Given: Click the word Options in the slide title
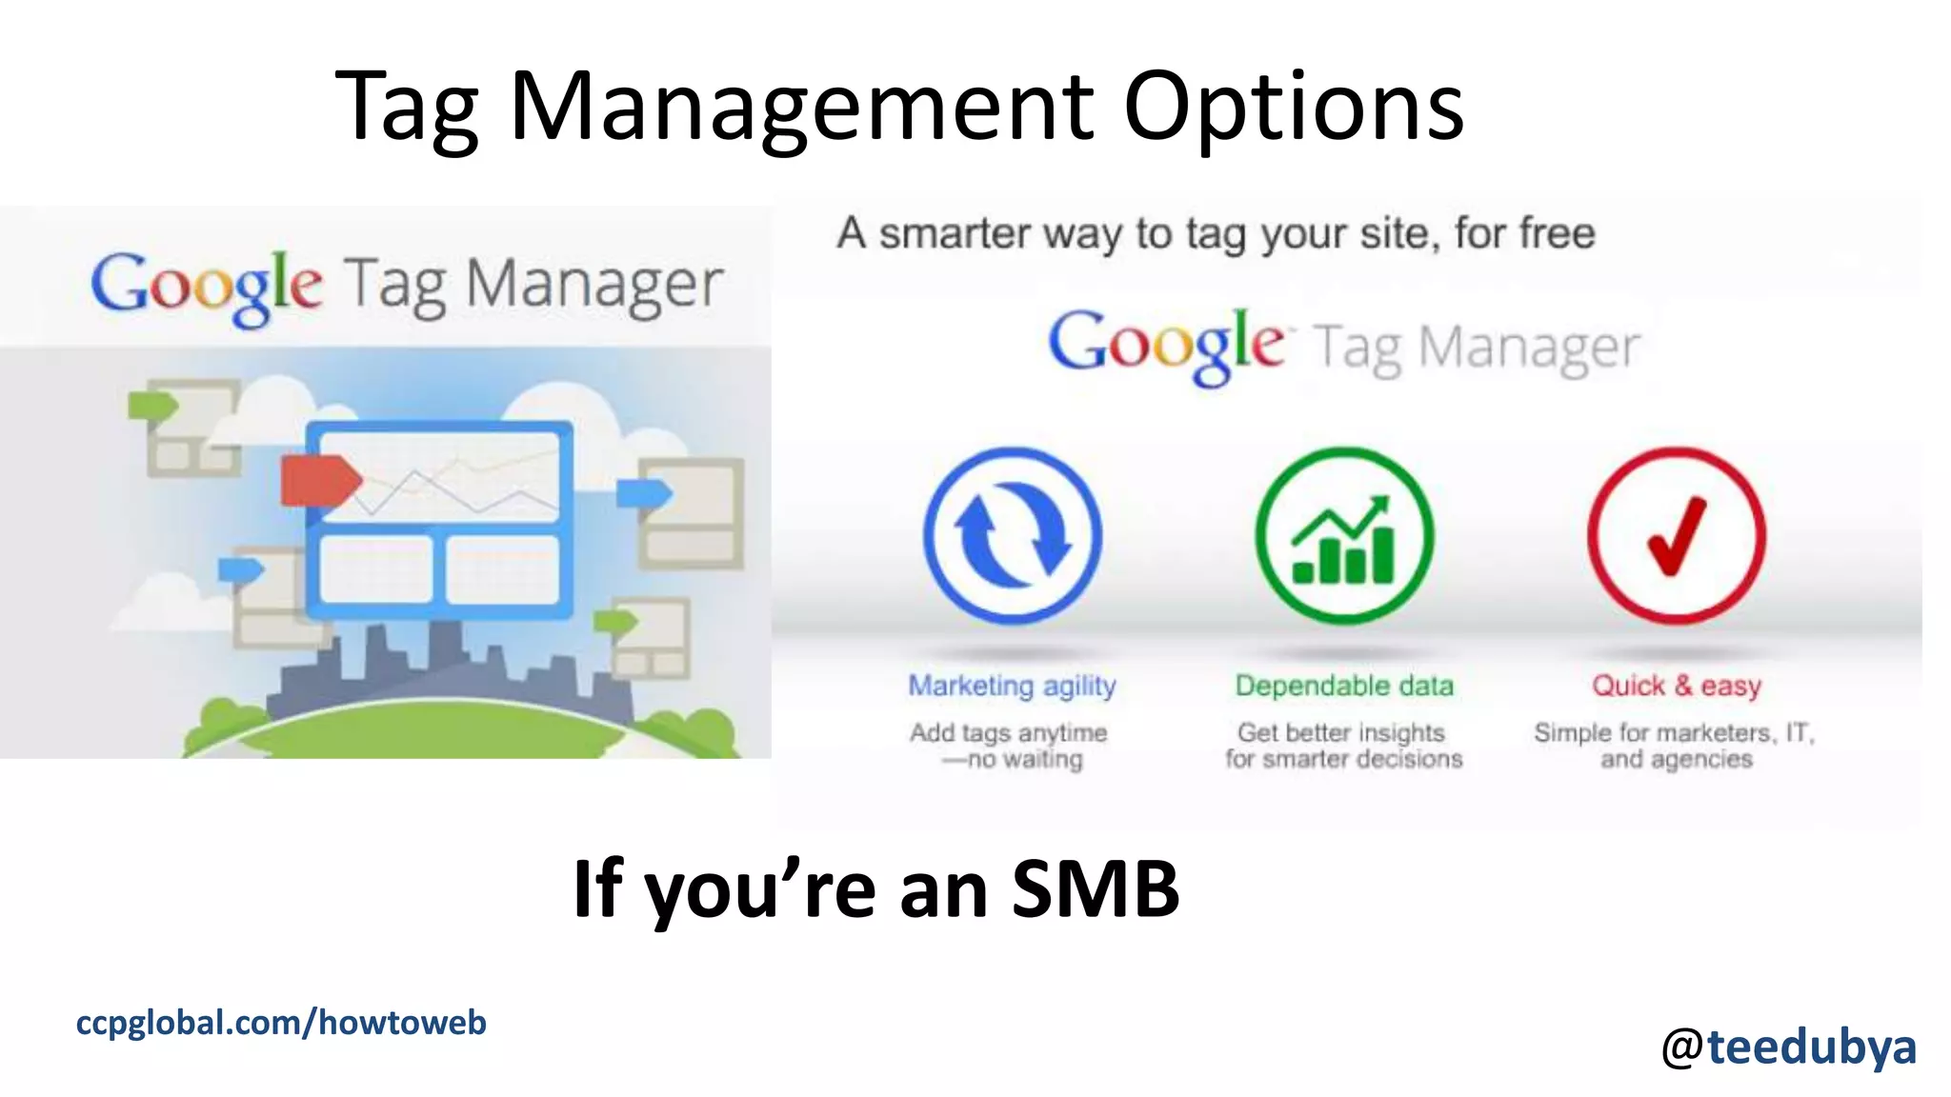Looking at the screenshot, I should pyautogui.click(x=1293, y=108).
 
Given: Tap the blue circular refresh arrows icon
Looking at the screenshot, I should pyautogui.click(x=1013, y=536).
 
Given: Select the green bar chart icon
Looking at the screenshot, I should pyautogui.click(x=1344, y=536).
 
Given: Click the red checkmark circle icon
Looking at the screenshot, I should pyautogui.click(x=1676, y=536).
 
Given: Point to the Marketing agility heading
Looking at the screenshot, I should pyautogui.click(x=1012, y=686).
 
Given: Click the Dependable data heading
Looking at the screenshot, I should pyautogui.click(x=1344, y=686).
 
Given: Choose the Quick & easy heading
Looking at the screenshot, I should pyautogui.click(x=1677, y=686).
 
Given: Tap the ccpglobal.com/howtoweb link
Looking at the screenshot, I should pyautogui.click(x=281, y=1023).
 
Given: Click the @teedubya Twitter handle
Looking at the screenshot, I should pyautogui.click(x=1788, y=1047).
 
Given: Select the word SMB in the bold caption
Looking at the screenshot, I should pyautogui.click(x=1096, y=888).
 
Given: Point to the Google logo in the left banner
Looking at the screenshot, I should pyautogui.click(x=207, y=286).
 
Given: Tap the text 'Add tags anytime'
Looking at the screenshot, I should pyautogui.click(x=1008, y=732).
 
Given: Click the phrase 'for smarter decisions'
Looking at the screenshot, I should pyautogui.click(x=1343, y=759).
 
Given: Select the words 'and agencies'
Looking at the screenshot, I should pyautogui.click(x=1676, y=759).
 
